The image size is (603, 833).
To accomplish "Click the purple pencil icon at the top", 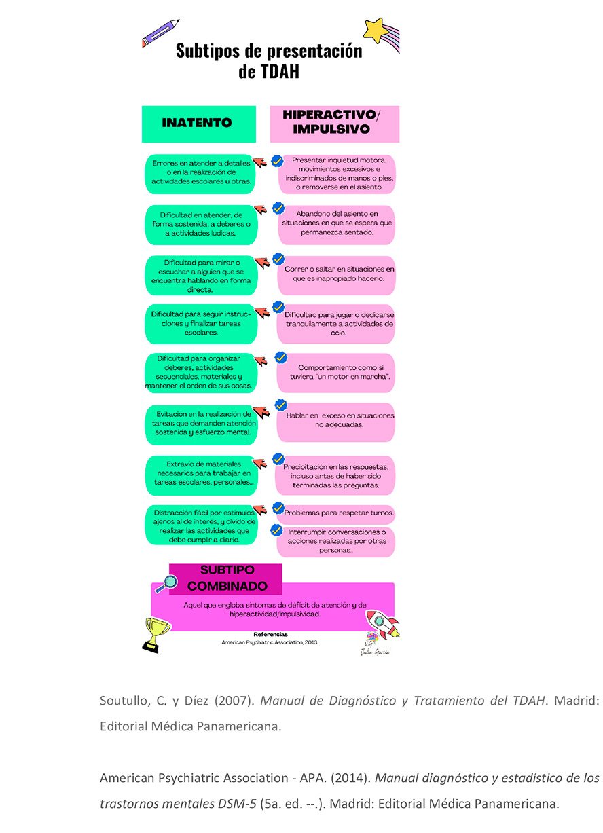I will tap(160, 33).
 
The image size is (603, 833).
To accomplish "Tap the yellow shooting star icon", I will tap(375, 30).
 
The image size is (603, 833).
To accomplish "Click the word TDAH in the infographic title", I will tap(269, 72).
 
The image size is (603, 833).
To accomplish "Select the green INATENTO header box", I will tap(198, 124).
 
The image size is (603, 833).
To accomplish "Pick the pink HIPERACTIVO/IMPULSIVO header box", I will tap(335, 124).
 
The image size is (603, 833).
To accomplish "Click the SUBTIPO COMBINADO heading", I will tap(227, 578).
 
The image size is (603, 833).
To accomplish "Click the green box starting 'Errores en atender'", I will tap(201, 173).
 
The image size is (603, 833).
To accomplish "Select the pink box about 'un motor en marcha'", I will tap(336, 372).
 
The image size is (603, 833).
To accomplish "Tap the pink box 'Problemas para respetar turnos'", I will tap(339, 513).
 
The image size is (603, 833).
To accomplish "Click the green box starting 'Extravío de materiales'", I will tap(201, 474).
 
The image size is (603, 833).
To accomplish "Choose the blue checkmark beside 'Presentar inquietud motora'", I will tap(277, 162).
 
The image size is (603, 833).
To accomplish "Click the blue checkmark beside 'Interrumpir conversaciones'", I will tap(276, 530).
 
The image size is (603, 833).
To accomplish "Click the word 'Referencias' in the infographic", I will tap(270, 634).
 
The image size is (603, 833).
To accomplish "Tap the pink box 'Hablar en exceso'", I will tap(336, 420).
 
